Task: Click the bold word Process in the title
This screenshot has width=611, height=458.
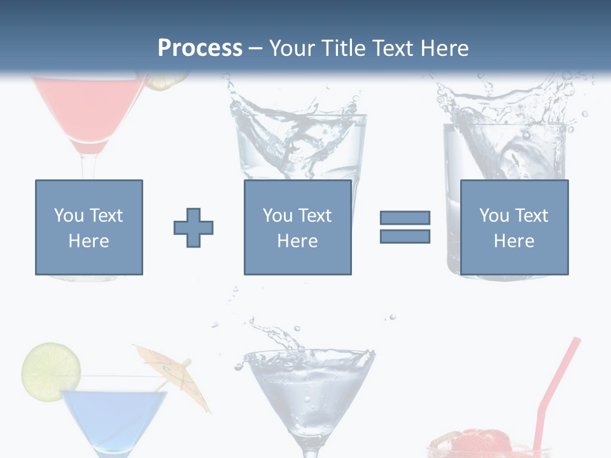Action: pos(200,48)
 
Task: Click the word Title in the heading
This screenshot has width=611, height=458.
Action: pos(344,48)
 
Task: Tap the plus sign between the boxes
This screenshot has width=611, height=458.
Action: pos(193,228)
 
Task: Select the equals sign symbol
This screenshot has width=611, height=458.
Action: pos(405,227)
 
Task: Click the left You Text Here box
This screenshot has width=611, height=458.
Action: pos(89,227)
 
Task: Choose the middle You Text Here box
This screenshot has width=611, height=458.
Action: pos(298,227)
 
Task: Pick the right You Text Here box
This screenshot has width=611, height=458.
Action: pos(514,227)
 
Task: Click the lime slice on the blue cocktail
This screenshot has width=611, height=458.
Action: pos(51,369)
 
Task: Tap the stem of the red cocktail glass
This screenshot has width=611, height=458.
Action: pos(90,167)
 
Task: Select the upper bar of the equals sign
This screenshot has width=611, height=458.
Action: pos(405,218)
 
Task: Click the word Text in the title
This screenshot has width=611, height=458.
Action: pos(393,48)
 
